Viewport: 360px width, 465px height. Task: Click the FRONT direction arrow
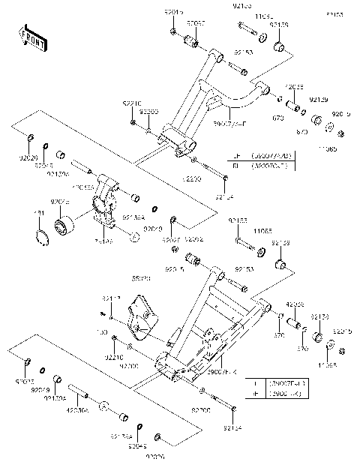(29, 37)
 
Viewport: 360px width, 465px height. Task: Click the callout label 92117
(110, 298)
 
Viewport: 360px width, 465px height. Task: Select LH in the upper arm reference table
(235, 156)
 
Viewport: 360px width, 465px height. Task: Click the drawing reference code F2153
(334, 14)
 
